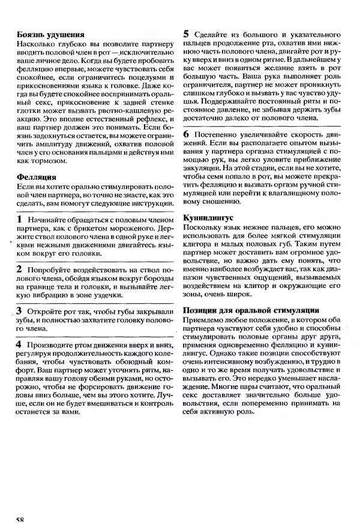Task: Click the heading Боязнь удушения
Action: point(50,35)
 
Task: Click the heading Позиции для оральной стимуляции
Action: point(250,310)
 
